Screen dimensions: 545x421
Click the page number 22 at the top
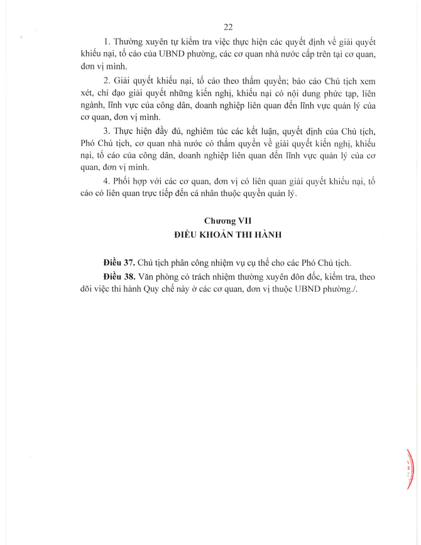(229, 26)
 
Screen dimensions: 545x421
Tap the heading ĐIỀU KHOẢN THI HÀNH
(228, 234)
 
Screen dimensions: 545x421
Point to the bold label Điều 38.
(117, 276)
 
